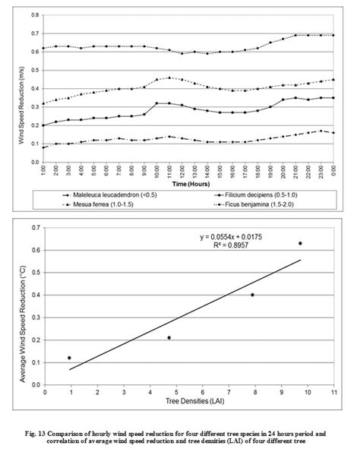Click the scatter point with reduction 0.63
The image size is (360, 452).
click(x=300, y=243)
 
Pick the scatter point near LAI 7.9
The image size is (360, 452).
click(x=253, y=295)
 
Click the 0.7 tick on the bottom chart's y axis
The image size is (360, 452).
click(x=35, y=228)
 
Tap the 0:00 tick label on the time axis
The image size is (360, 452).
click(x=334, y=172)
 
